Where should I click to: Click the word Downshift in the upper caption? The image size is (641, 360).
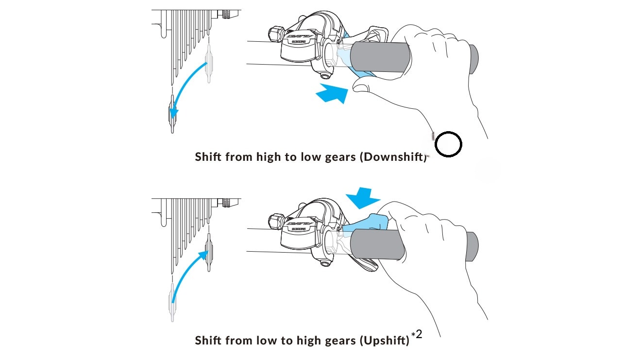394,157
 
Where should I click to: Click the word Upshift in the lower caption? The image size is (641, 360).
384,341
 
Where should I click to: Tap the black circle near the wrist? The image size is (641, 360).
448,144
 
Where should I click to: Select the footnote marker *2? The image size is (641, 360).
417,335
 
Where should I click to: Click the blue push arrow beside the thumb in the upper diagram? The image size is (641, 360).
333,93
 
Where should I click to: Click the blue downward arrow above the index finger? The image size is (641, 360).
363,198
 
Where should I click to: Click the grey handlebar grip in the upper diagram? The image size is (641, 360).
381,57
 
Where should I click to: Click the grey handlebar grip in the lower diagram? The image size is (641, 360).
378,244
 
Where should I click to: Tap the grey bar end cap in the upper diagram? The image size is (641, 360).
473,59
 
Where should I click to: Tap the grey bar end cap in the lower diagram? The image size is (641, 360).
472,247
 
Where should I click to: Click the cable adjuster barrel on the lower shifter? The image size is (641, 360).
276,222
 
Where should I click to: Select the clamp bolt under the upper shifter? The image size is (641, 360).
325,75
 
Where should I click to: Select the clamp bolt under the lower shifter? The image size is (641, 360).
325,263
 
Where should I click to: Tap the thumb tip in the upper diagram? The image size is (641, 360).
358,86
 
